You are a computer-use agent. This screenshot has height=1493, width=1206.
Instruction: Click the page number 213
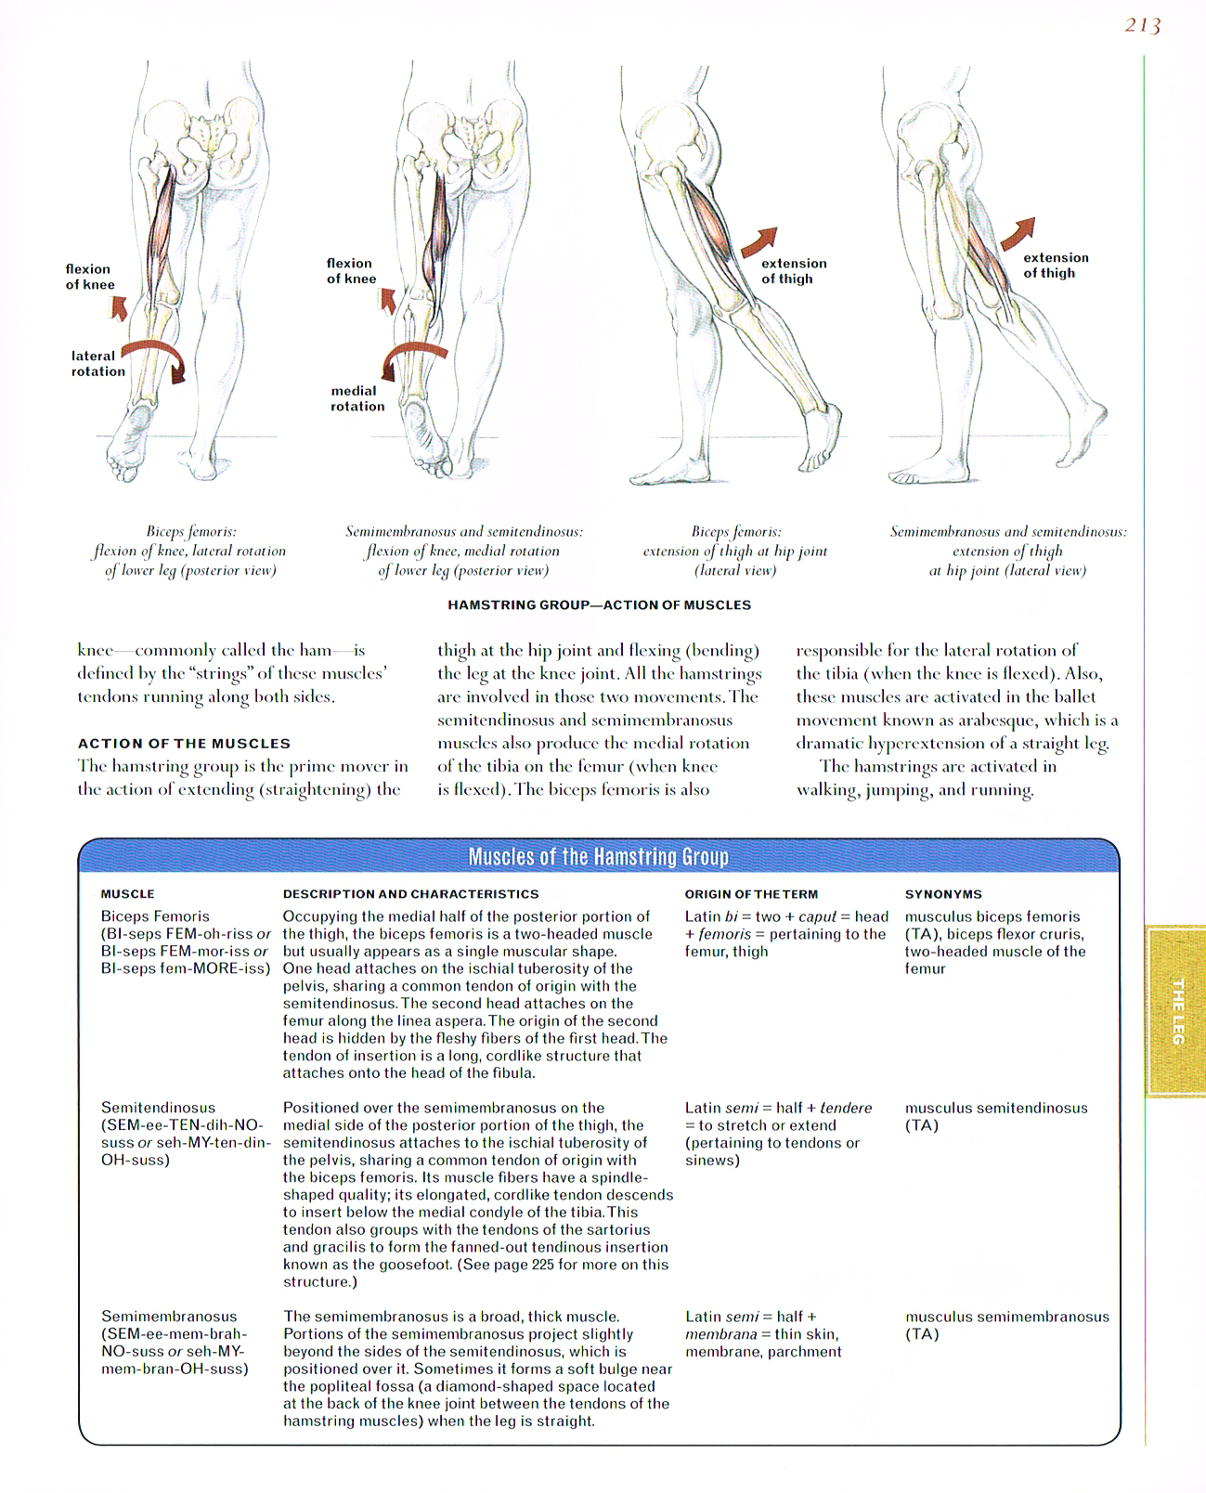(x=1142, y=26)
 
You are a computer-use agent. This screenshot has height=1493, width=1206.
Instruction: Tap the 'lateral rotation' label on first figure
(x=97, y=363)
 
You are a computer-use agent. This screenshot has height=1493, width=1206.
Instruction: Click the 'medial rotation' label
(x=357, y=398)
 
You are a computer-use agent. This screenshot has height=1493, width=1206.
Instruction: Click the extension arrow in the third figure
(x=759, y=241)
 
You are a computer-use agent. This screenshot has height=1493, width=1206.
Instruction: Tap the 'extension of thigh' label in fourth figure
(x=1055, y=265)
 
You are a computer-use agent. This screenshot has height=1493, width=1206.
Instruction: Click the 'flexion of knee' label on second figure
(x=351, y=270)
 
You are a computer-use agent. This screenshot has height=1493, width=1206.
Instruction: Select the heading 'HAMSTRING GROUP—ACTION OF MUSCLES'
(x=599, y=604)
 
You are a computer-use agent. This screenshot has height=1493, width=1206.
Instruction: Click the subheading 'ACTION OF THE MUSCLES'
(x=184, y=743)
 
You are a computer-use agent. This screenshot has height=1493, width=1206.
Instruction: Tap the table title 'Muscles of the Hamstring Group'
(x=598, y=856)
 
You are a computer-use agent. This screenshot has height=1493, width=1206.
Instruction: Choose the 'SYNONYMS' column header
(x=942, y=893)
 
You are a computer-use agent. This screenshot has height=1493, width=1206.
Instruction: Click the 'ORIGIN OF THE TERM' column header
(x=751, y=893)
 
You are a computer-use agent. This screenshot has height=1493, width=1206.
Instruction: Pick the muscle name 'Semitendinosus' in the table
(x=158, y=1107)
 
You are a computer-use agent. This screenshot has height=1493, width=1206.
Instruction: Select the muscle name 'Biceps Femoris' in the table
(x=155, y=915)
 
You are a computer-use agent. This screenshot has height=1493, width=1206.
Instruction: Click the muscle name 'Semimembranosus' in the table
(x=169, y=1316)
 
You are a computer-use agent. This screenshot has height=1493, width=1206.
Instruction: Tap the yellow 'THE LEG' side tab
(x=1176, y=1011)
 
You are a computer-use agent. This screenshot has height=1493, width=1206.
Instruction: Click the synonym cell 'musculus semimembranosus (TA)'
(x=1006, y=1324)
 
